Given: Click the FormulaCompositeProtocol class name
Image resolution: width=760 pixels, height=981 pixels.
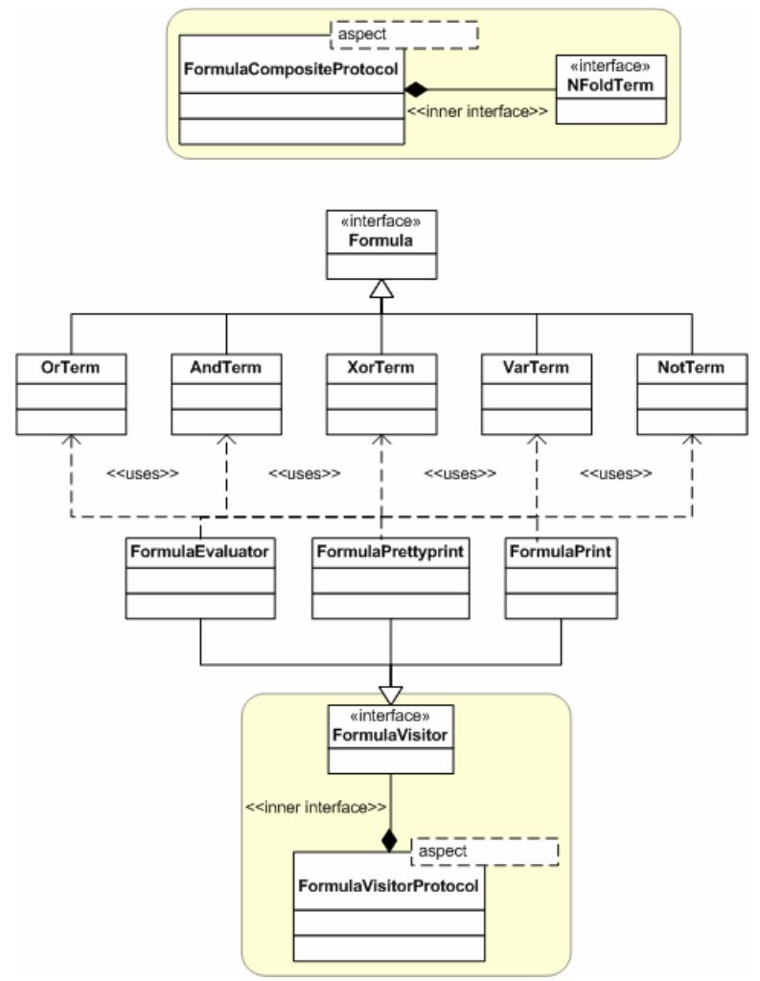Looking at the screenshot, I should [289, 69].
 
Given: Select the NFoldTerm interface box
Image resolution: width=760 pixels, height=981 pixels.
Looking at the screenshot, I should [610, 89].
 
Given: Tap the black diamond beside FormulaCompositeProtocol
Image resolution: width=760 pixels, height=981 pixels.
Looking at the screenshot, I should [415, 90].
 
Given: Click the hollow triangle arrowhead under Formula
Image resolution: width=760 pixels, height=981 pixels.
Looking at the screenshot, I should [381, 288].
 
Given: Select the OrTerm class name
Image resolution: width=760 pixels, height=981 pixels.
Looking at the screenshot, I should [71, 367].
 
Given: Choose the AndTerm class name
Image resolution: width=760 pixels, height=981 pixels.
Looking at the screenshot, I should [225, 367].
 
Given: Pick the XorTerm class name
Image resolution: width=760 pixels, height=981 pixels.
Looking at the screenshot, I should [381, 367].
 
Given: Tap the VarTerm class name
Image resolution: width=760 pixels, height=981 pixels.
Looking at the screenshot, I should [536, 367].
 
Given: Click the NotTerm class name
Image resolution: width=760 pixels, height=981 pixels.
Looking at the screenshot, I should [691, 367].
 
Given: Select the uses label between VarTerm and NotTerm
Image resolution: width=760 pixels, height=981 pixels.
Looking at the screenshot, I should [615, 473].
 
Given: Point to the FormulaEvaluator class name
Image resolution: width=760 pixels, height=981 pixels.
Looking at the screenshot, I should [200, 552].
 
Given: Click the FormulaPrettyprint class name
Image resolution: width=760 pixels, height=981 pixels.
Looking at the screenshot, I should [391, 552].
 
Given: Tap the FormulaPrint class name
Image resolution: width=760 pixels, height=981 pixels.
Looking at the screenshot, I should [561, 552].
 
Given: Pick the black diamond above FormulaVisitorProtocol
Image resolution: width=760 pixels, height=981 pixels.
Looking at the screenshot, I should [389, 841].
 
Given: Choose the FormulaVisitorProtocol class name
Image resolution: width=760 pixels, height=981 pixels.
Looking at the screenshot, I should [388, 886].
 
